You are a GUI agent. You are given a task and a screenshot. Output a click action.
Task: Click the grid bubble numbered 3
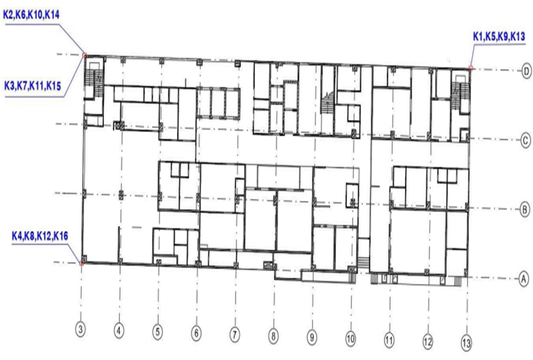(x=80, y=330)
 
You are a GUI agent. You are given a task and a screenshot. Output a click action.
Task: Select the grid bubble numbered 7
(x=235, y=334)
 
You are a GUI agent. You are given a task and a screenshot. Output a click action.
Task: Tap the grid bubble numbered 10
(x=350, y=338)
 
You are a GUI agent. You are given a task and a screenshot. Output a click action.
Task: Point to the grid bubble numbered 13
(x=467, y=342)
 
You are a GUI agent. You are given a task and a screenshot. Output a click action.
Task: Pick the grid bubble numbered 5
(x=157, y=332)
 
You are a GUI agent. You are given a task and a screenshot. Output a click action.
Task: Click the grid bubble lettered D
(x=526, y=71)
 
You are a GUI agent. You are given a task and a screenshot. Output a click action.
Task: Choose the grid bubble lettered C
(x=526, y=140)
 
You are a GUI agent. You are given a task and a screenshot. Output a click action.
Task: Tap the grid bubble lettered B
(x=525, y=210)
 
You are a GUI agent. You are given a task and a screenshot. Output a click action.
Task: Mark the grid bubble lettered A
(x=524, y=279)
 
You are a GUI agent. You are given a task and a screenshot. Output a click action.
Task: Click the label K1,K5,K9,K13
(x=499, y=36)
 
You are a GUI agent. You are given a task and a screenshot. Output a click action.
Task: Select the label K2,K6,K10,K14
(x=31, y=15)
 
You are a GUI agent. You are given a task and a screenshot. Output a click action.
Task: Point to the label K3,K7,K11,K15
(x=32, y=86)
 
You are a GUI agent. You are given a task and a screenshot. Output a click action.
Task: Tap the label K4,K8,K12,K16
(x=40, y=236)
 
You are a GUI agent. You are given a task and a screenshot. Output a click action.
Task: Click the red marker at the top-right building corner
(x=471, y=68)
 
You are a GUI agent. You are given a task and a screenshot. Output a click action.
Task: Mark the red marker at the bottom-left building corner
(x=81, y=263)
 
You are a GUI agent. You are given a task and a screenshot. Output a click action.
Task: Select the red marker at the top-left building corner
(x=84, y=55)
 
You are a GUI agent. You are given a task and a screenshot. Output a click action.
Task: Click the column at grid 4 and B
(x=121, y=195)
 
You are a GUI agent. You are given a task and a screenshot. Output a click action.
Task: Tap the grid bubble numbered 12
(x=428, y=340)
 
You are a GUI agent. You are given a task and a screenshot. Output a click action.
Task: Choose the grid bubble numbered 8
(x=273, y=336)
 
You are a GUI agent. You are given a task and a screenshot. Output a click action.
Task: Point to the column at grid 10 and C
(x=355, y=133)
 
